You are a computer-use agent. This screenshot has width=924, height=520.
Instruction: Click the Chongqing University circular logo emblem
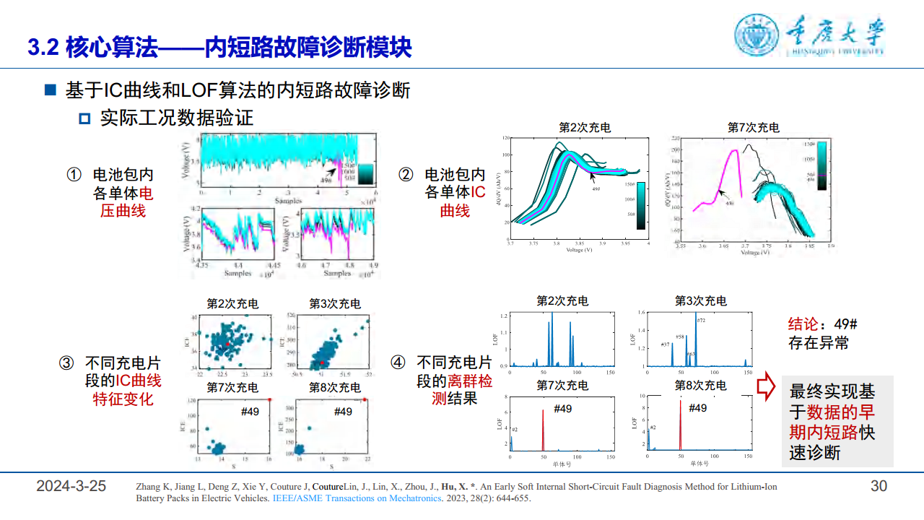click(x=758, y=35)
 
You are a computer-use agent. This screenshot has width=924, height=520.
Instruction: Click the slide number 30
click(x=879, y=486)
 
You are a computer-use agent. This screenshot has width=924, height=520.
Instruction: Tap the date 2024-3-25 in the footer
click(x=71, y=486)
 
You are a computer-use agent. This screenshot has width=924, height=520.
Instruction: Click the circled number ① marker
click(x=74, y=175)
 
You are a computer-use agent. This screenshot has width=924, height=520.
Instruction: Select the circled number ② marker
click(x=406, y=175)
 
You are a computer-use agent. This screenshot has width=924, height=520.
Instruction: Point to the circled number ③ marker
click(x=66, y=363)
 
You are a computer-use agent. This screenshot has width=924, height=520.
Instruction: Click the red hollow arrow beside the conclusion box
click(x=766, y=388)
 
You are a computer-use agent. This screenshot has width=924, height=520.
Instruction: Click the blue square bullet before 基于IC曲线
click(x=50, y=91)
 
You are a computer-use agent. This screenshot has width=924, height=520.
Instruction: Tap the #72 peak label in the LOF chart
click(x=701, y=320)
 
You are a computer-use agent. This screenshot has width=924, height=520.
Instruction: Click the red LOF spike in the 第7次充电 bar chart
click(x=542, y=430)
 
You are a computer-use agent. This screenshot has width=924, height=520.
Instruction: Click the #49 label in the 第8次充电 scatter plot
click(x=343, y=412)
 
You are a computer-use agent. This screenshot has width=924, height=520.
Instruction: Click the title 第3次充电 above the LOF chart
click(x=700, y=300)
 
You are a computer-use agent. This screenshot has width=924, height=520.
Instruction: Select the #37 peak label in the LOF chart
click(x=665, y=345)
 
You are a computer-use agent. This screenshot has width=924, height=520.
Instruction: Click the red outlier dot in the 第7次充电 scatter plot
click(x=269, y=399)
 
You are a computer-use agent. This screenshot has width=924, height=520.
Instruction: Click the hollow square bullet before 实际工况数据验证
click(x=84, y=118)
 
